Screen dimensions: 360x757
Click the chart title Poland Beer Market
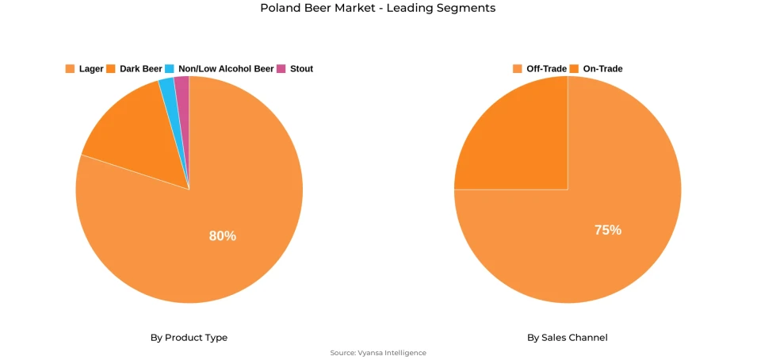(x=377, y=8)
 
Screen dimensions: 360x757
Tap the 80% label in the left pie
(x=222, y=236)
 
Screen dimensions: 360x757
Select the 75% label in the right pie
(x=608, y=230)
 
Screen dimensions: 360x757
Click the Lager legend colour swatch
(x=70, y=69)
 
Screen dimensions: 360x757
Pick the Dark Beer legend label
(x=140, y=69)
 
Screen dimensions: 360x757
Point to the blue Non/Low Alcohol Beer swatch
(x=170, y=69)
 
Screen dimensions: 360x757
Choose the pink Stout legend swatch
(x=281, y=69)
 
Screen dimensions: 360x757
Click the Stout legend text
(x=301, y=69)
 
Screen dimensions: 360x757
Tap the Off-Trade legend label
(x=546, y=69)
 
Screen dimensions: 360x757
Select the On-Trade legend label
(x=602, y=69)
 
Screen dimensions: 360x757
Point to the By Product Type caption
(x=189, y=338)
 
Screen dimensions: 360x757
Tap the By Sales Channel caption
(x=568, y=338)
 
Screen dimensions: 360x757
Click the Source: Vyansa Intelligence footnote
(x=378, y=353)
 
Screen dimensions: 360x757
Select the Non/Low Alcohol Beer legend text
(x=226, y=69)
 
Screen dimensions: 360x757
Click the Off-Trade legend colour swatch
(x=518, y=69)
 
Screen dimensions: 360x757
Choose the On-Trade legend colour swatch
(x=575, y=69)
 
